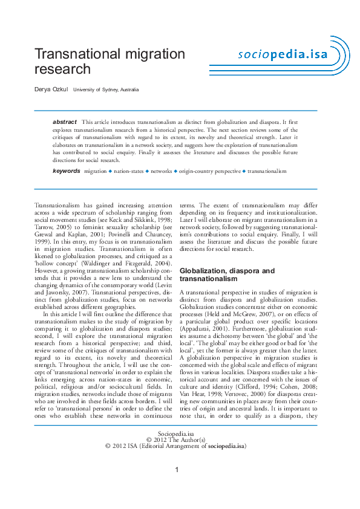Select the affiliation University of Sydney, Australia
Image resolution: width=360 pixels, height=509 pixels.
[x=106, y=89]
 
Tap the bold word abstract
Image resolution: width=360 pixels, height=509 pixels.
[x=65, y=122]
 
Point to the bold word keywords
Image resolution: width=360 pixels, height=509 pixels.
[x=66, y=171]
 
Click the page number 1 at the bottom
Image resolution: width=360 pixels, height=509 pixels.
[x=175, y=470]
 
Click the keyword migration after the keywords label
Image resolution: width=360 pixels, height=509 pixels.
[x=95, y=172]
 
